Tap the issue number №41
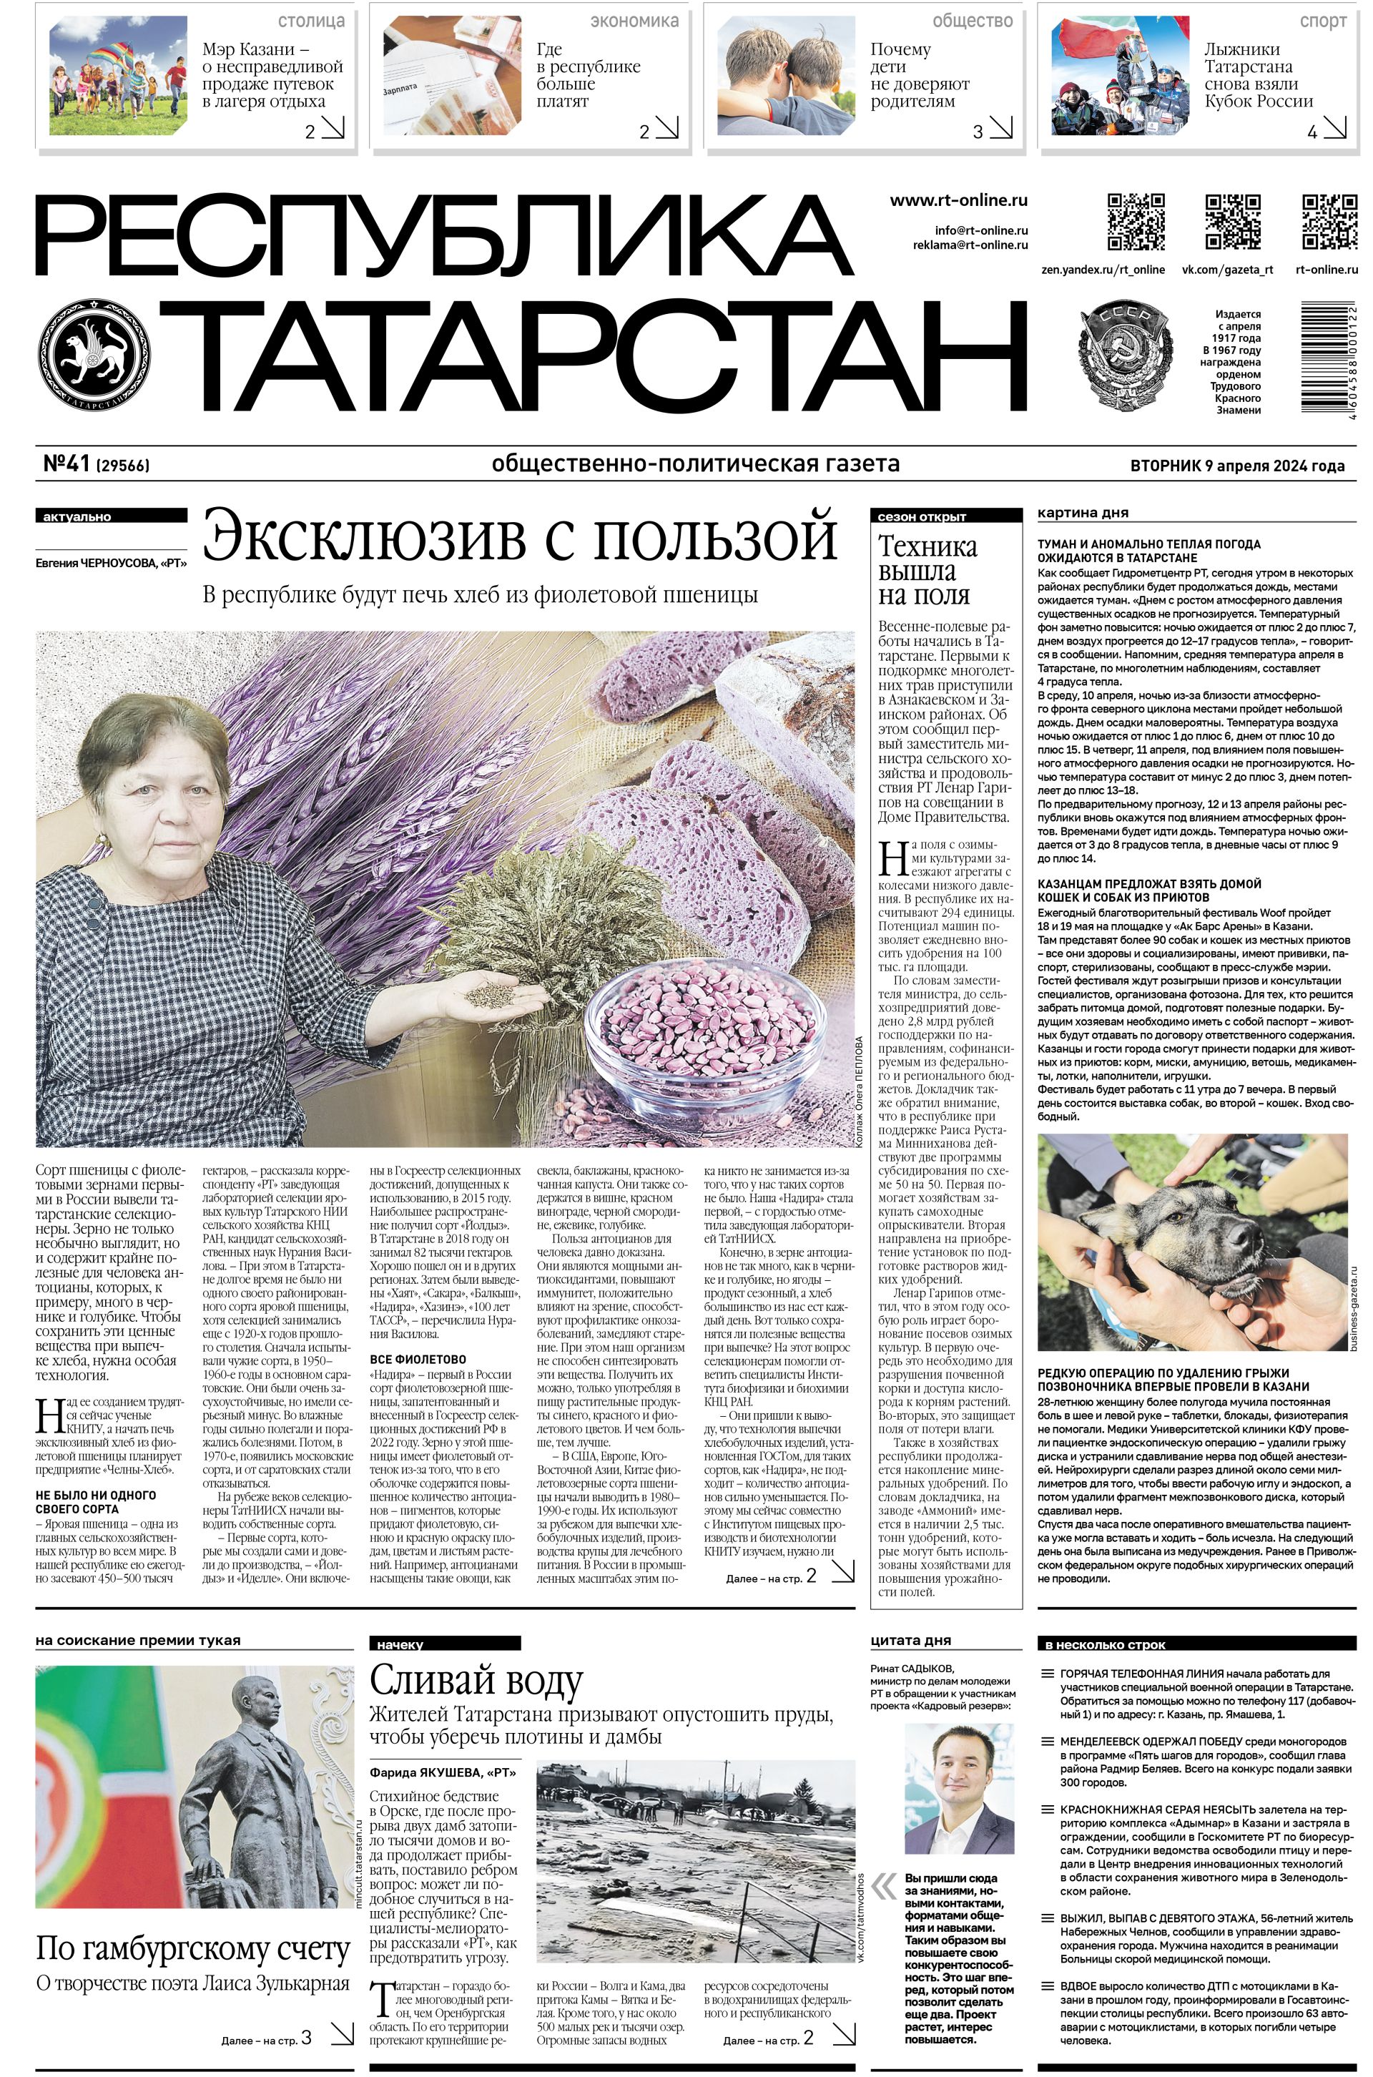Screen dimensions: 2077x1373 [x=67, y=465]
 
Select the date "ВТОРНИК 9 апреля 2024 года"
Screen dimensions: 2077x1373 [x=1237, y=466]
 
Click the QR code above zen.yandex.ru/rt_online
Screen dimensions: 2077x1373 [x=1136, y=222]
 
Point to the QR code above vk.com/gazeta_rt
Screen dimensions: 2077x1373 [x=1233, y=222]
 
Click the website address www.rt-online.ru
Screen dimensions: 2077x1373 [x=958, y=200]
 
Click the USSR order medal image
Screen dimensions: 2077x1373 [x=1127, y=354]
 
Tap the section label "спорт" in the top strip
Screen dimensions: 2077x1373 [x=1323, y=21]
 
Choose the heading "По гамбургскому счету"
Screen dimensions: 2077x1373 [x=192, y=1950]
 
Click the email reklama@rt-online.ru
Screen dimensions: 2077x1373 [x=970, y=245]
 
